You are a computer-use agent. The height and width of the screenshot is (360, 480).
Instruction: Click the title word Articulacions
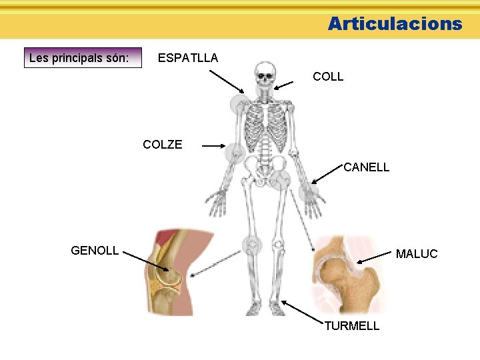point(395,24)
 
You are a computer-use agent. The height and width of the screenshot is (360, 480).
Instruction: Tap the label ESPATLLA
point(187,58)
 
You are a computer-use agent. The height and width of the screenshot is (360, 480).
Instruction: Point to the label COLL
point(328,77)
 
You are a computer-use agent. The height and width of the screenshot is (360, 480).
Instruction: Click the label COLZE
point(163,145)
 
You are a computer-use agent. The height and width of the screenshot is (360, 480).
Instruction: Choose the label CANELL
point(366,167)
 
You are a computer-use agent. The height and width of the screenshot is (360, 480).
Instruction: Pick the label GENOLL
point(95,251)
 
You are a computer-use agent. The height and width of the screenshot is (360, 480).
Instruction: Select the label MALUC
point(417,254)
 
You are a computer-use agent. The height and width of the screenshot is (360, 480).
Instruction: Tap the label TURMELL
point(351,326)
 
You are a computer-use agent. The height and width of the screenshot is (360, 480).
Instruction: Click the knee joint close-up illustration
point(169,273)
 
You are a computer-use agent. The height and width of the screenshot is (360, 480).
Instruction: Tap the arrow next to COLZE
point(215,145)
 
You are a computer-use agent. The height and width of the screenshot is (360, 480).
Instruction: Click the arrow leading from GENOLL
point(146,261)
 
